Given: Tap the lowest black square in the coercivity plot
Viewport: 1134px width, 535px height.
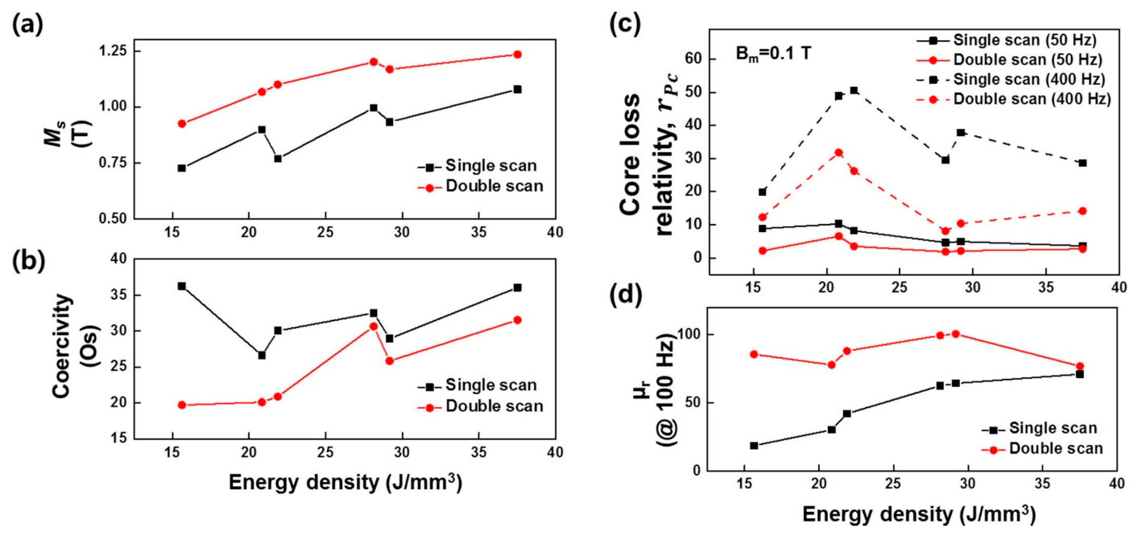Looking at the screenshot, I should [x=261, y=355].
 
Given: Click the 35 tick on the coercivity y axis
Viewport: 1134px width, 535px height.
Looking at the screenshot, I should [x=117, y=295].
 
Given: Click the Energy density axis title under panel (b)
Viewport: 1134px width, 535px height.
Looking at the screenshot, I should [x=345, y=483].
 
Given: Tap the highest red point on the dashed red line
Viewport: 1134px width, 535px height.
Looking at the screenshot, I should [x=839, y=153].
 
